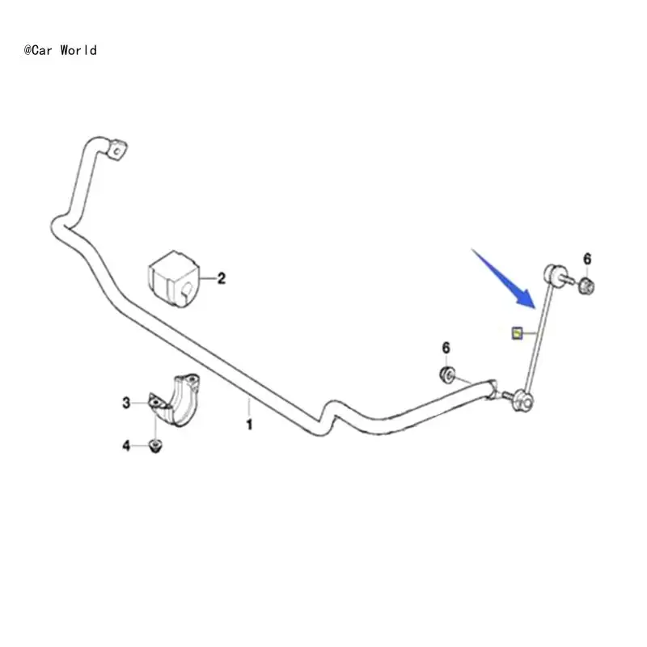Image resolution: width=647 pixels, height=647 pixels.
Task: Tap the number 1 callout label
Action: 249,424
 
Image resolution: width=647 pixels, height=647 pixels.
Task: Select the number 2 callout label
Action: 221,279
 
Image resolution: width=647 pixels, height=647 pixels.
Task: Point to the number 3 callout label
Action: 126,402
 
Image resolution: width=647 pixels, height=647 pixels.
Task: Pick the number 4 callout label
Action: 126,446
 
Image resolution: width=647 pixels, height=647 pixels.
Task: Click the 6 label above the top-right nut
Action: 588,259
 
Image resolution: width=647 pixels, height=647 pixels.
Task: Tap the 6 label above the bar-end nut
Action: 446,348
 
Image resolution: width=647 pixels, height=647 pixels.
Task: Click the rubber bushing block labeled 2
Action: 171,277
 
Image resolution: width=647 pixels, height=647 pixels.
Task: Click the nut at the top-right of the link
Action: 588,284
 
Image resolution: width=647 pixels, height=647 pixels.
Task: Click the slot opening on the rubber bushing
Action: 185,291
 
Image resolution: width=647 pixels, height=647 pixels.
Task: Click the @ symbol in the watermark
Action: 28,50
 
